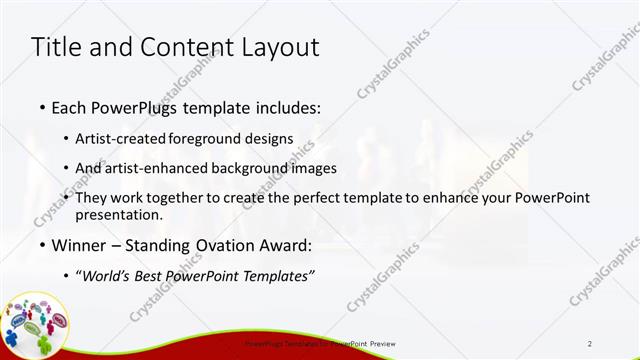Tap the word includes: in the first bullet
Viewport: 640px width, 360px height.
click(289, 106)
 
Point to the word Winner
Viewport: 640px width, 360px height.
click(78, 245)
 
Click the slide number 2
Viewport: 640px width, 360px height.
click(590, 344)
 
